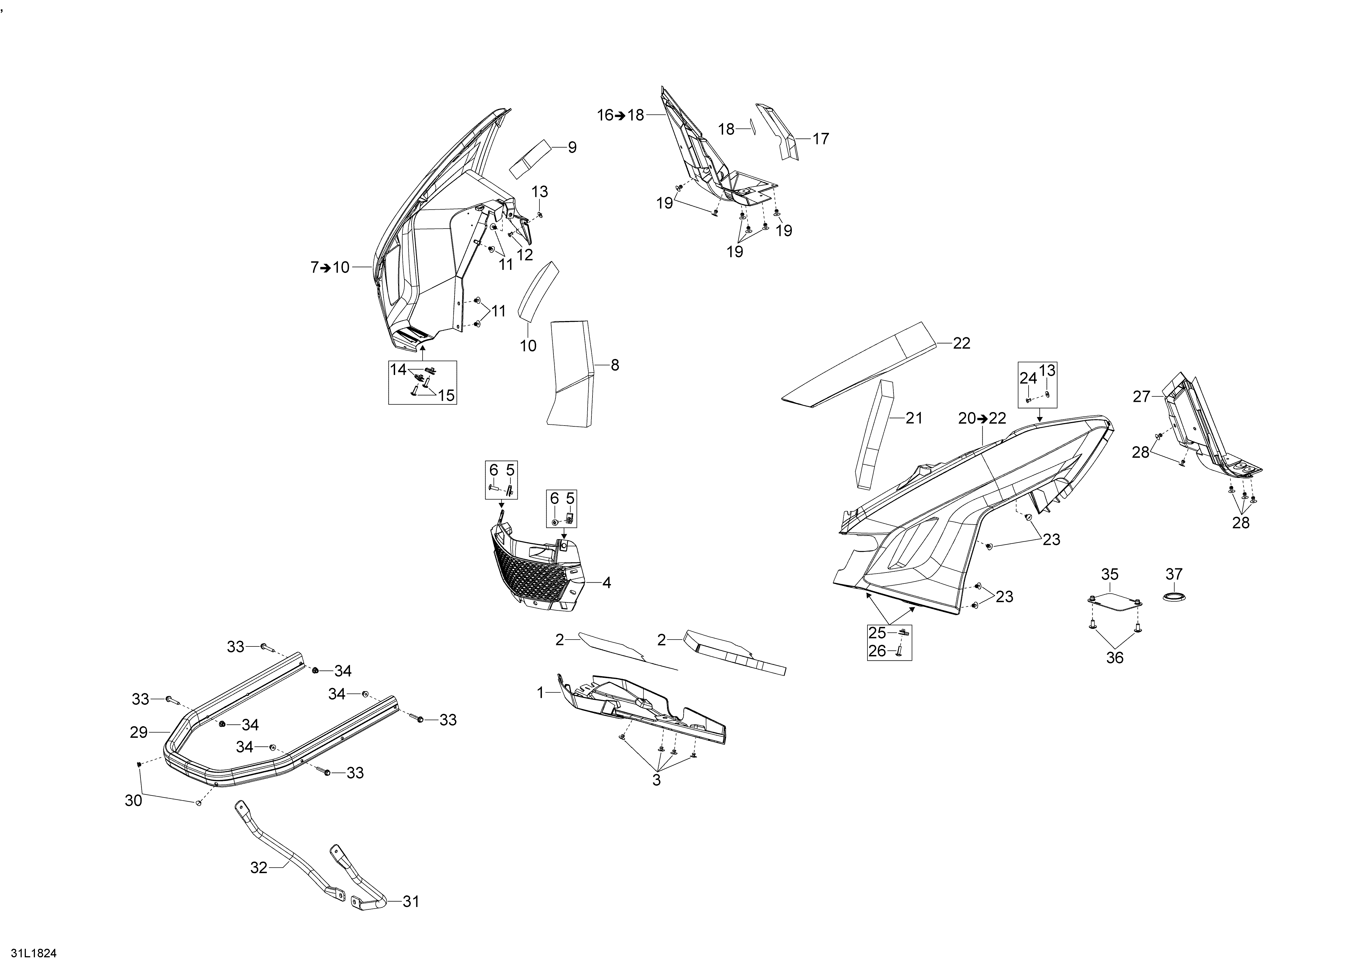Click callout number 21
(x=914, y=418)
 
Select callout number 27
(x=1141, y=396)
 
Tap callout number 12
(x=525, y=254)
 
